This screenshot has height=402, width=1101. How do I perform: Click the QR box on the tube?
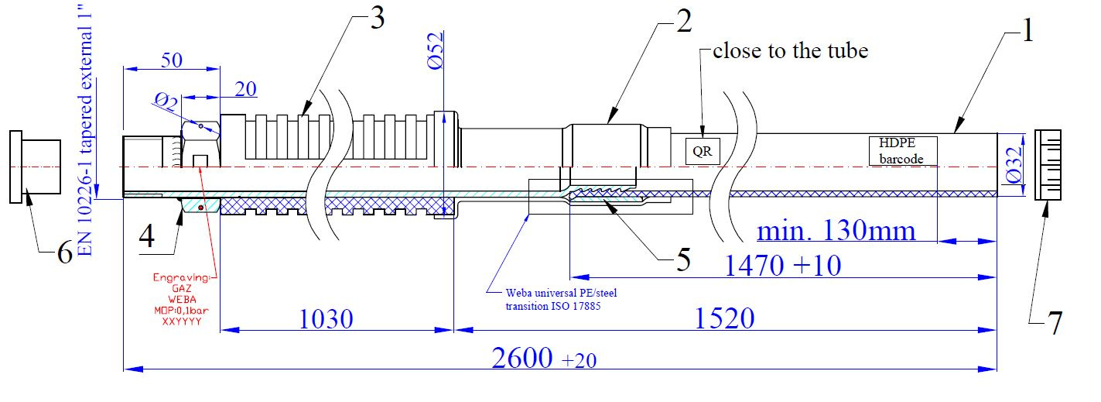[x=703, y=151]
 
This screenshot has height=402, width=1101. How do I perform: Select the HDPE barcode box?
[x=903, y=150]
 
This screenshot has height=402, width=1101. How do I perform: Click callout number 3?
[x=376, y=19]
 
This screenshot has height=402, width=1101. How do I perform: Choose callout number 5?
[x=682, y=260]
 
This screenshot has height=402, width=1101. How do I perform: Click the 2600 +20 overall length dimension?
[x=545, y=357]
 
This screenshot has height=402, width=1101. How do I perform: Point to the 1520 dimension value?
[x=722, y=319]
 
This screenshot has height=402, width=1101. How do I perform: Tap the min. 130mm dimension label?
[x=836, y=230]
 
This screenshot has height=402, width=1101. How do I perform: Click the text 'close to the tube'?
[x=790, y=51]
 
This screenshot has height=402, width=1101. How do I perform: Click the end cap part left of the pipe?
[x=36, y=167]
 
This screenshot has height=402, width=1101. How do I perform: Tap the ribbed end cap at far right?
[x=1048, y=165]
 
